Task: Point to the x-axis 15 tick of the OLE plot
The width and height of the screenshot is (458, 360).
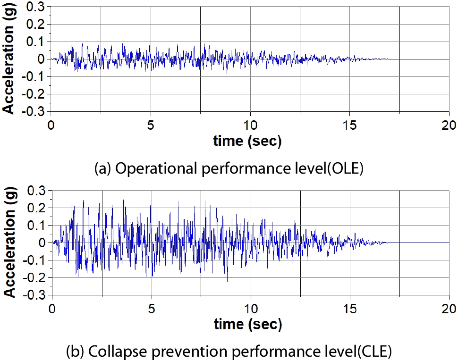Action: pyautogui.click(x=349, y=125)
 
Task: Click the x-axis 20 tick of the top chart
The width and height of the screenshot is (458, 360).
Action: pyautogui.click(x=449, y=125)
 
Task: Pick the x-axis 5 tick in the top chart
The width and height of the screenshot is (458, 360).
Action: pyautogui.click(x=151, y=125)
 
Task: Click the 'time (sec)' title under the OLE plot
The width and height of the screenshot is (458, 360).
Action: pyautogui.click(x=247, y=141)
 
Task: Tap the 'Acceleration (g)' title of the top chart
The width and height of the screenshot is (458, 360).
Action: pyautogui.click(x=8, y=59)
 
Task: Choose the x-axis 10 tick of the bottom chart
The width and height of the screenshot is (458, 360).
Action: pyautogui.click(x=250, y=309)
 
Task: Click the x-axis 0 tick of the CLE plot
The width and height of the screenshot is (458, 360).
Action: pyautogui.click(x=51, y=309)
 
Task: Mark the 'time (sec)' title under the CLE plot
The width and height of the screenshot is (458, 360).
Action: pyautogui.click(x=247, y=324)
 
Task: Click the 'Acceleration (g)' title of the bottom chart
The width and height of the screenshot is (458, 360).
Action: pyautogui.click(x=8, y=243)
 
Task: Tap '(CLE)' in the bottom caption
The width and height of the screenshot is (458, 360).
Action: pyautogui.click(x=371, y=351)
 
